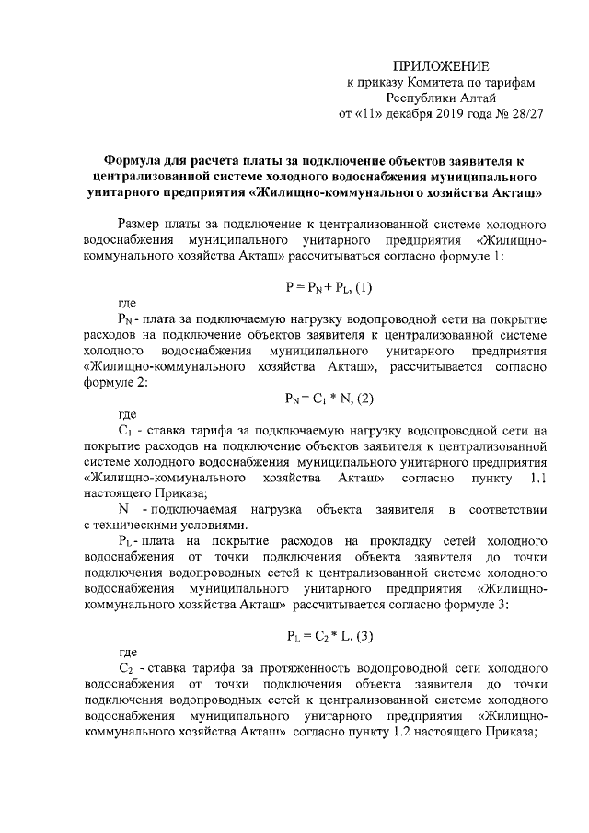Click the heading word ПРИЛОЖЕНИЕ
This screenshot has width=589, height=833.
441,64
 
